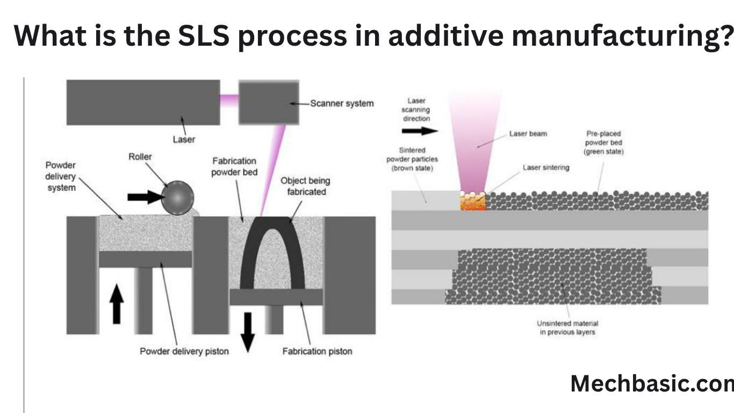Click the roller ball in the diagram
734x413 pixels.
click(x=177, y=198)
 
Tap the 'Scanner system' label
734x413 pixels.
click(x=342, y=103)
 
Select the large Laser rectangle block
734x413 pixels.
click(x=143, y=102)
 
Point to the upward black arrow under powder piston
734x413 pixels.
click(x=116, y=304)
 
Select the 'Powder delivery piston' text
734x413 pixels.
click(x=184, y=351)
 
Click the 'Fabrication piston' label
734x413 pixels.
click(x=317, y=351)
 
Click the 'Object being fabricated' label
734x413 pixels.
click(x=305, y=186)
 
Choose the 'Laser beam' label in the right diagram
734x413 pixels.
click(x=528, y=133)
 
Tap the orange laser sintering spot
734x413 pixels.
click(x=473, y=202)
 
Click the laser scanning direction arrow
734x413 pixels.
click(x=420, y=131)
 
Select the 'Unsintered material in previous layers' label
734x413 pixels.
click(x=567, y=327)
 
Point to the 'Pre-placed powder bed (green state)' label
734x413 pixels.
click(x=603, y=143)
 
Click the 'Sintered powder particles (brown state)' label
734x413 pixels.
click(x=412, y=160)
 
